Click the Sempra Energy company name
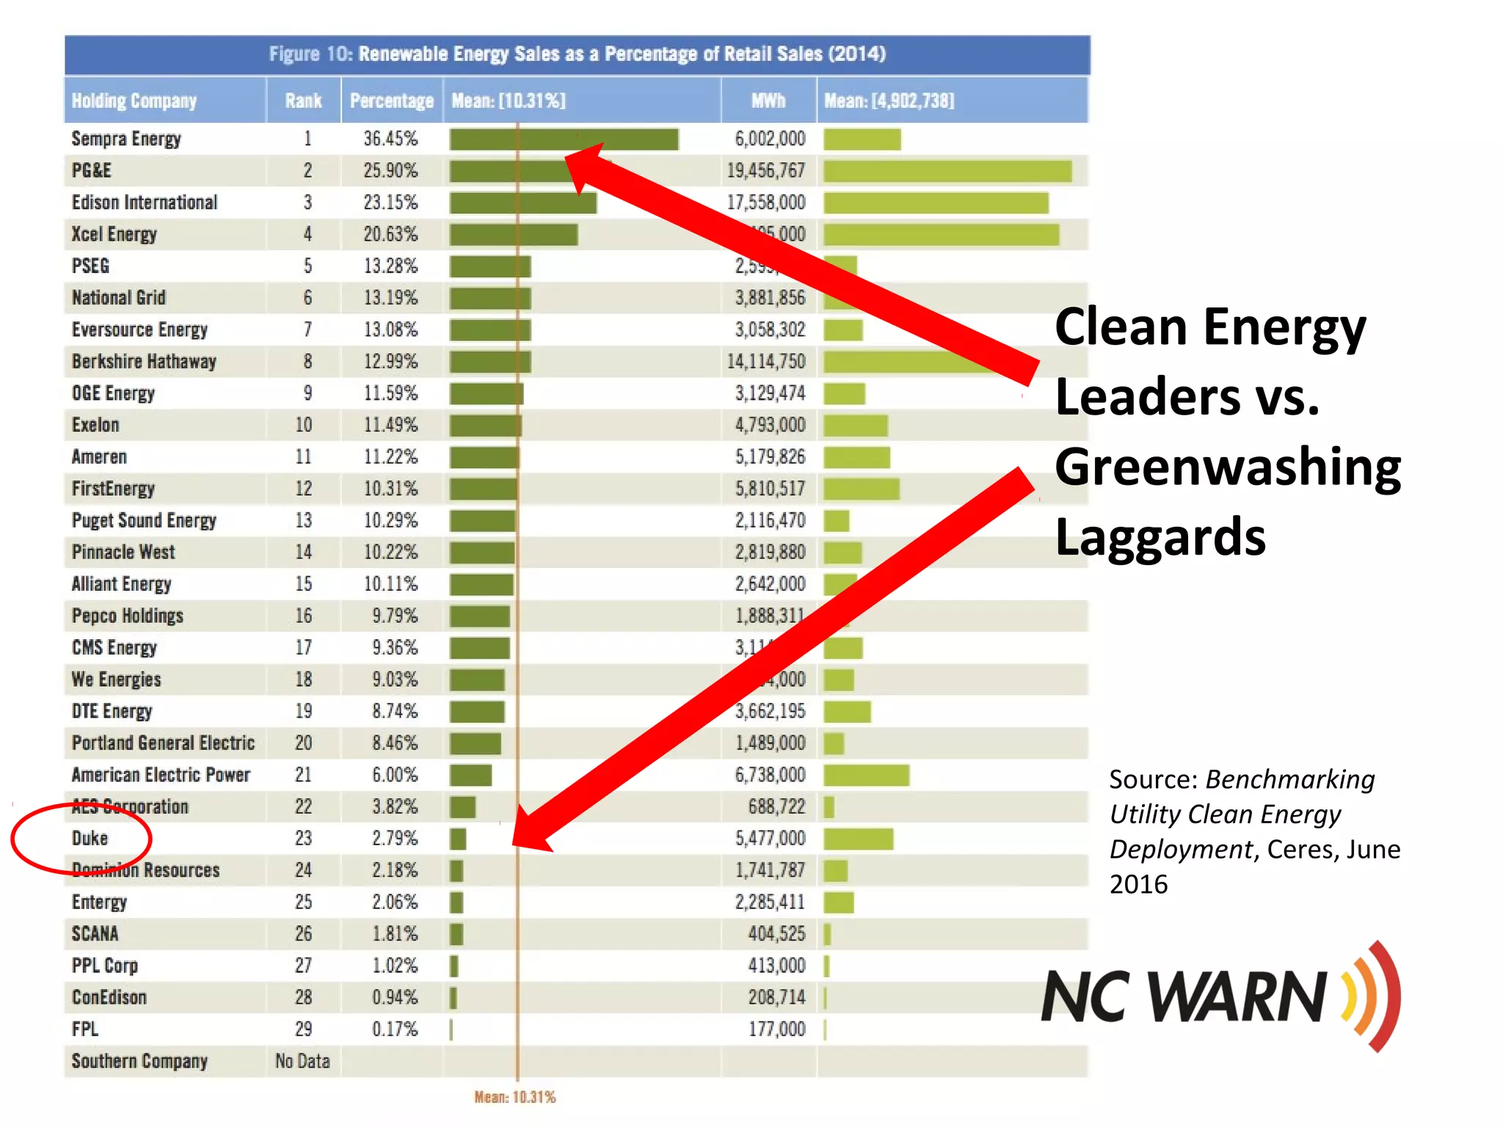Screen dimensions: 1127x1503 (x=125, y=139)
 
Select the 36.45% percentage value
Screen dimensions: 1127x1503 (x=390, y=139)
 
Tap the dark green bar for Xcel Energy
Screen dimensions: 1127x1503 (x=513, y=235)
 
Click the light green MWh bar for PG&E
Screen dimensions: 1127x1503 (x=947, y=171)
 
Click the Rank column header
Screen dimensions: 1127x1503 (x=303, y=101)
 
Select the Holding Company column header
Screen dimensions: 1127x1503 (x=134, y=101)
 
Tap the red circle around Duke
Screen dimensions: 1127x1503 (x=81, y=839)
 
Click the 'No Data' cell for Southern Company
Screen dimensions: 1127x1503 (x=302, y=1061)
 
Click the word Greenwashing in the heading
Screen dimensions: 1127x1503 (x=1228, y=467)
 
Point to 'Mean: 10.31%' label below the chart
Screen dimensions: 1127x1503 (x=514, y=1097)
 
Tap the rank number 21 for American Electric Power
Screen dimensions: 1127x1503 (x=303, y=775)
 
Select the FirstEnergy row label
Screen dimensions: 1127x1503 (x=113, y=489)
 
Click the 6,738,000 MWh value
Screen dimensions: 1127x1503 (x=770, y=775)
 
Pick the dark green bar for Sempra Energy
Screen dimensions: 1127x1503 (x=564, y=139)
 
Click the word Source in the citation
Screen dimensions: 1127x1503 (x=1153, y=779)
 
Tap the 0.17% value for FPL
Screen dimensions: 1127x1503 (x=394, y=1029)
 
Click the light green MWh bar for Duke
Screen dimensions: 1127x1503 (x=858, y=839)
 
